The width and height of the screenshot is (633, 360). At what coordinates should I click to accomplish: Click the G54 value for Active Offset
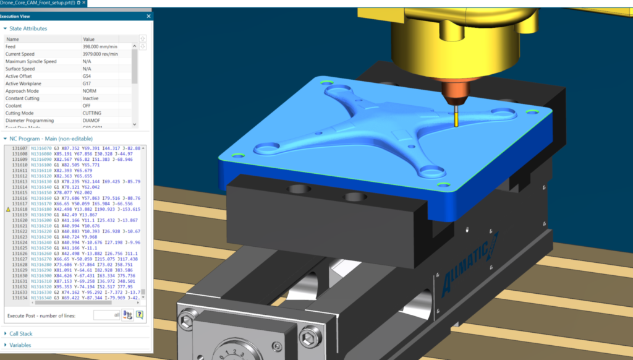tap(87, 76)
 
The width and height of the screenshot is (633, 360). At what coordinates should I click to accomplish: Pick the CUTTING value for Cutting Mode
tap(92, 113)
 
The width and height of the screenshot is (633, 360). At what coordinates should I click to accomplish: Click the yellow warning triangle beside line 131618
tap(7, 210)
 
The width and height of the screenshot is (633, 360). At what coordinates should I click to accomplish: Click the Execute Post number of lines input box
tap(106, 315)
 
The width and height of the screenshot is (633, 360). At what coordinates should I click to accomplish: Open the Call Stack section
tap(20, 334)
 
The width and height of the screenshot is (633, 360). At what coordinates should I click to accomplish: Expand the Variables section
tap(20, 345)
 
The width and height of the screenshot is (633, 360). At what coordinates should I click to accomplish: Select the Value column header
tap(89, 39)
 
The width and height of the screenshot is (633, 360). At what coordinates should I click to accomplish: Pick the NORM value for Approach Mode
tap(90, 90)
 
